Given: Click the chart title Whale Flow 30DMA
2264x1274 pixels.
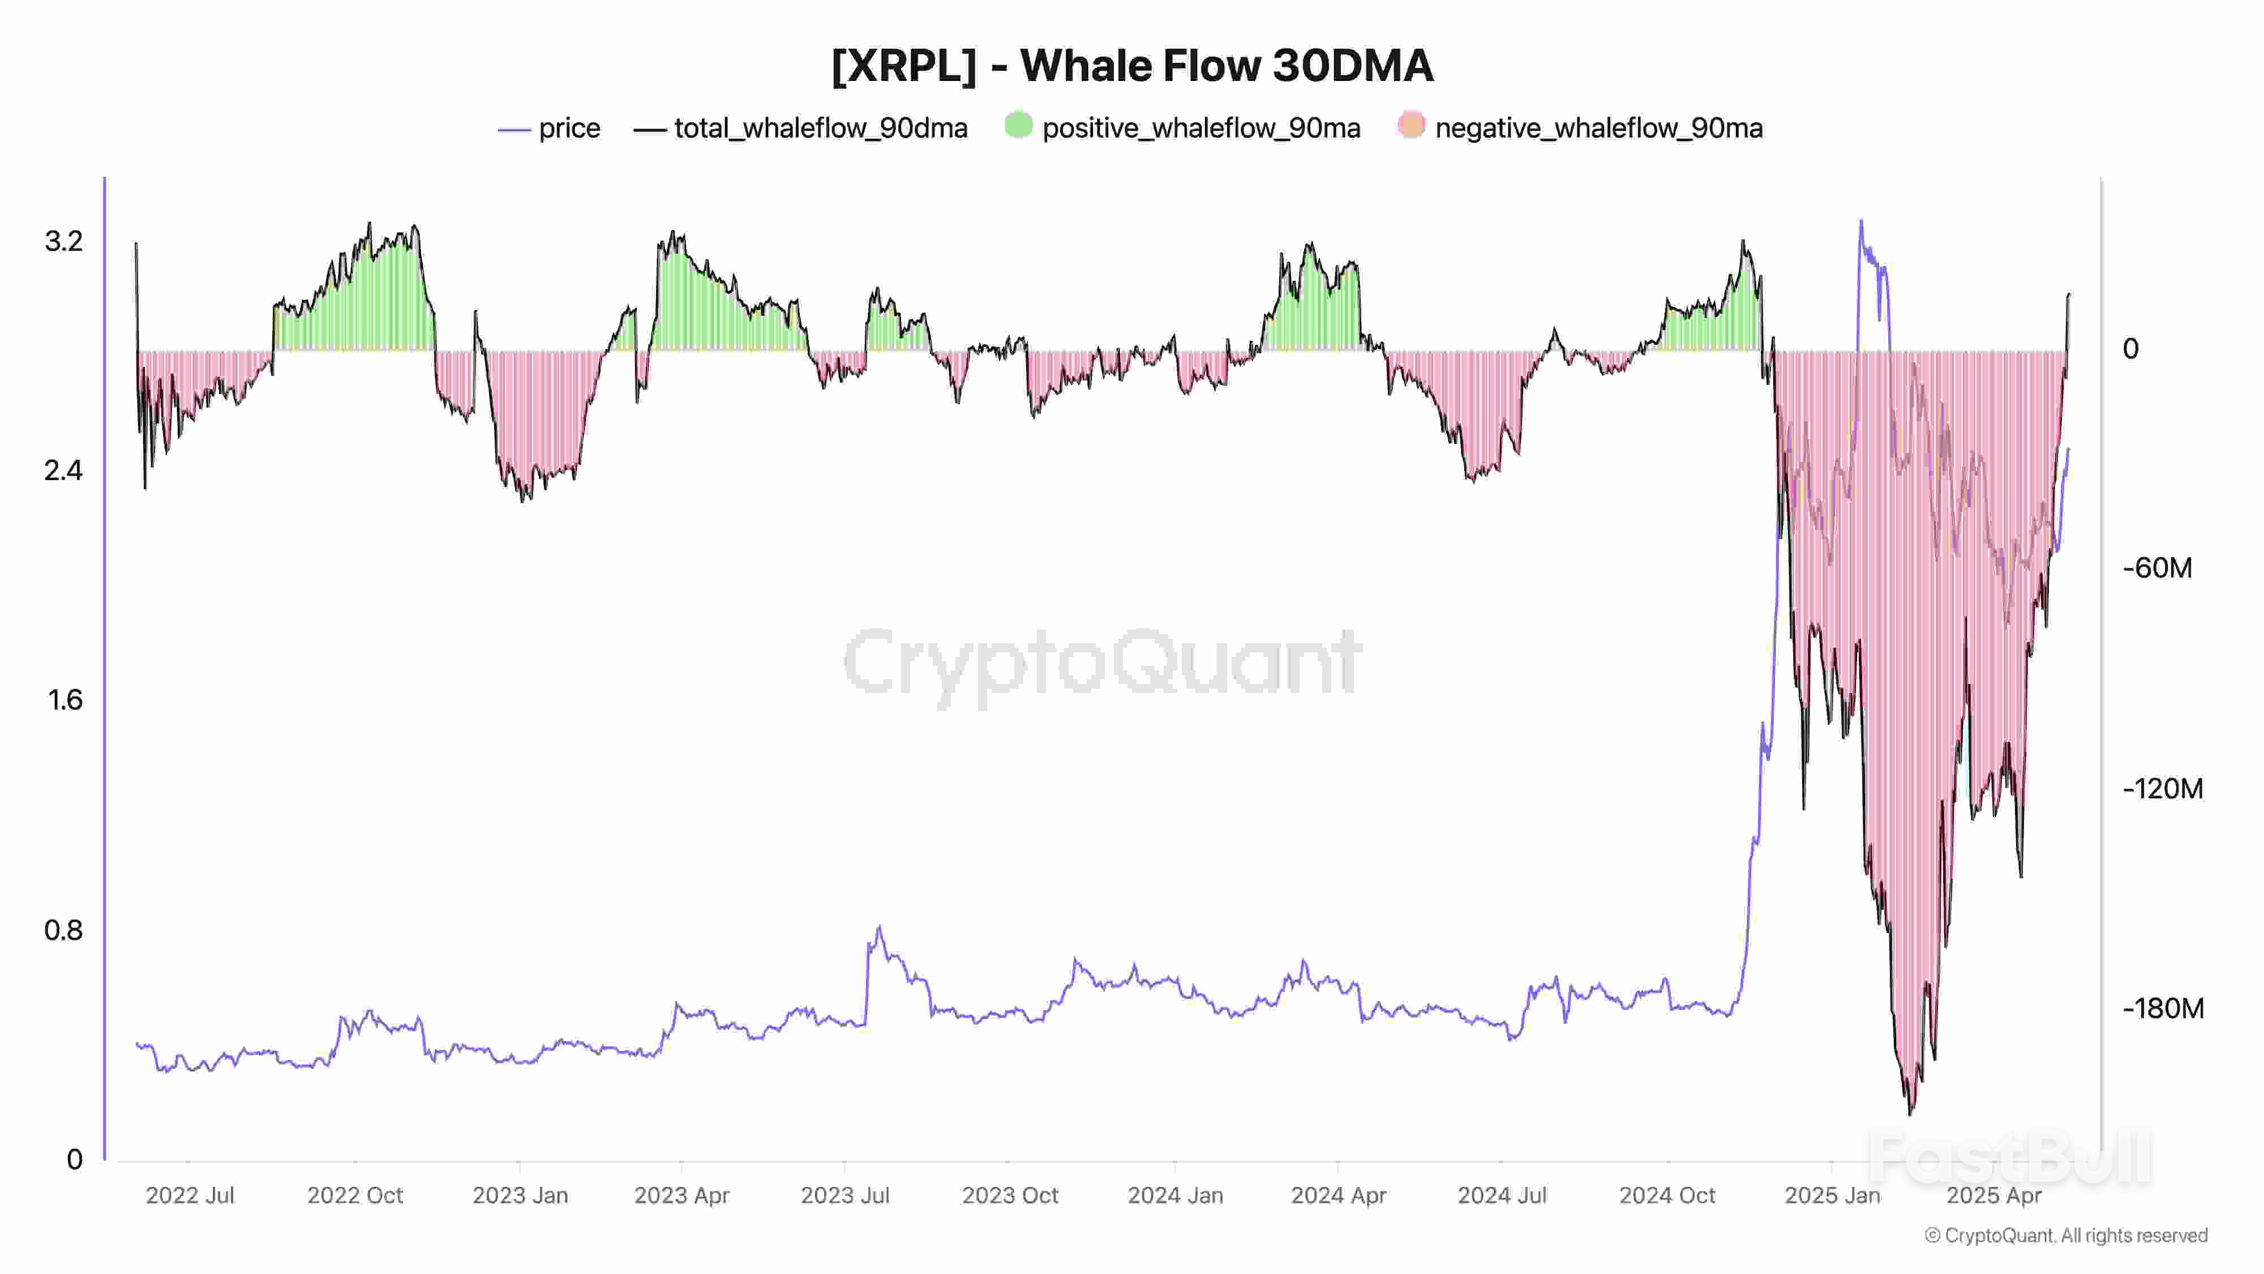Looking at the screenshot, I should pos(1132,66).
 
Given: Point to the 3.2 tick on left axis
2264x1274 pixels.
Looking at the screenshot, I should pos(63,241).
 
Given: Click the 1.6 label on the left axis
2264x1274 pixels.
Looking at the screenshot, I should pos(64,700).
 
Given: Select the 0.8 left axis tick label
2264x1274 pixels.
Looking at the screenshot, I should pos(63,929).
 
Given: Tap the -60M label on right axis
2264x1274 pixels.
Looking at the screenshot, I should pos(2157,568).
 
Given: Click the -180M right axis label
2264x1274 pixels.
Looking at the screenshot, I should pos(2162,1008).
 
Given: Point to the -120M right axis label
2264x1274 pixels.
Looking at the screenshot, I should pos(2162,788).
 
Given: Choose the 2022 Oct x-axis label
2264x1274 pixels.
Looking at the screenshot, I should pos(354,1195).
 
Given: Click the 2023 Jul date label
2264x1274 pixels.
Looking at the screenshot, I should pos(844,1195).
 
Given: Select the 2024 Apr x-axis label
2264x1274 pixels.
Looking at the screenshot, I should pos(1337,1195).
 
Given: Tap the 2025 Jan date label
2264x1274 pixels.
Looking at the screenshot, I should pos(1832,1195).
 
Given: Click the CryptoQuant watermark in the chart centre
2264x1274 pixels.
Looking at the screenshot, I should pos(1103,664).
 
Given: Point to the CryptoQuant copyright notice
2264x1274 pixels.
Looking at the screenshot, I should pos(2065,1235).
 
